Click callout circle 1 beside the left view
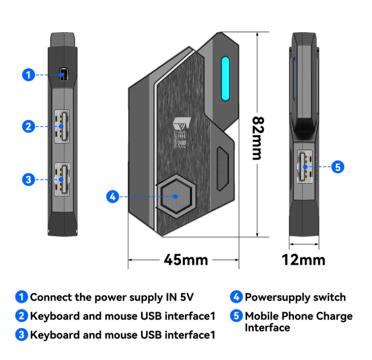(x=29, y=75)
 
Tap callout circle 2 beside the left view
(x=29, y=126)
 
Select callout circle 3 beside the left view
(x=29, y=179)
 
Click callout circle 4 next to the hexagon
(x=112, y=197)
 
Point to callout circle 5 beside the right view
(x=338, y=166)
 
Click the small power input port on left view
(x=63, y=75)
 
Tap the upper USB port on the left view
(x=62, y=126)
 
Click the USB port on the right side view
(x=305, y=166)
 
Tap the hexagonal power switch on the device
(x=175, y=196)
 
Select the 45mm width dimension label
(x=186, y=259)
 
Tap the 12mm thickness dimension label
(x=303, y=259)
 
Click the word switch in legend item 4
(x=330, y=297)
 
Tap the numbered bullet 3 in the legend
(x=21, y=335)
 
